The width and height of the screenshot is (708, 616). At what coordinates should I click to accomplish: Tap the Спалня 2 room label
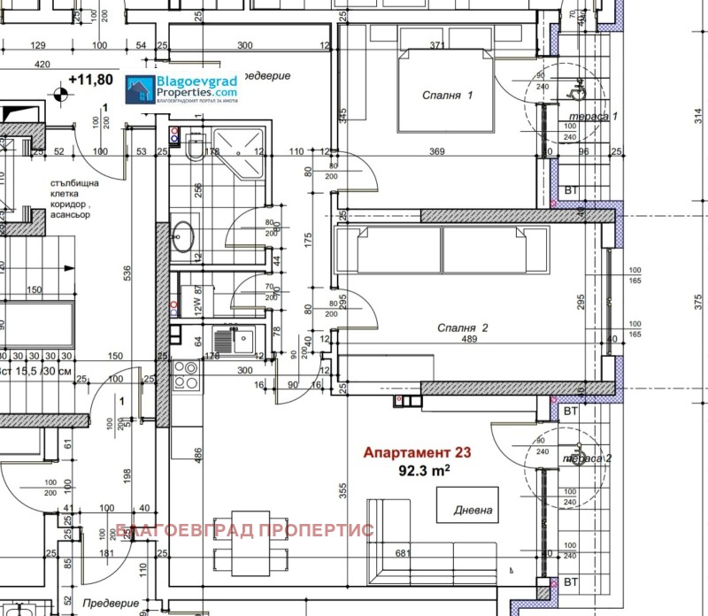coord(464,327)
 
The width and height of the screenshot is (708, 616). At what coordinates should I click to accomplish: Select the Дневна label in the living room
coord(474,511)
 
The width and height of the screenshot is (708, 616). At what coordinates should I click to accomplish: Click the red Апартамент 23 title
coord(417,452)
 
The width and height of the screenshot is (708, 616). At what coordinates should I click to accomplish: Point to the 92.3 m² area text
coord(424,472)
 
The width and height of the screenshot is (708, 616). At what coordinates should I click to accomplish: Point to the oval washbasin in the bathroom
coord(184,235)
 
